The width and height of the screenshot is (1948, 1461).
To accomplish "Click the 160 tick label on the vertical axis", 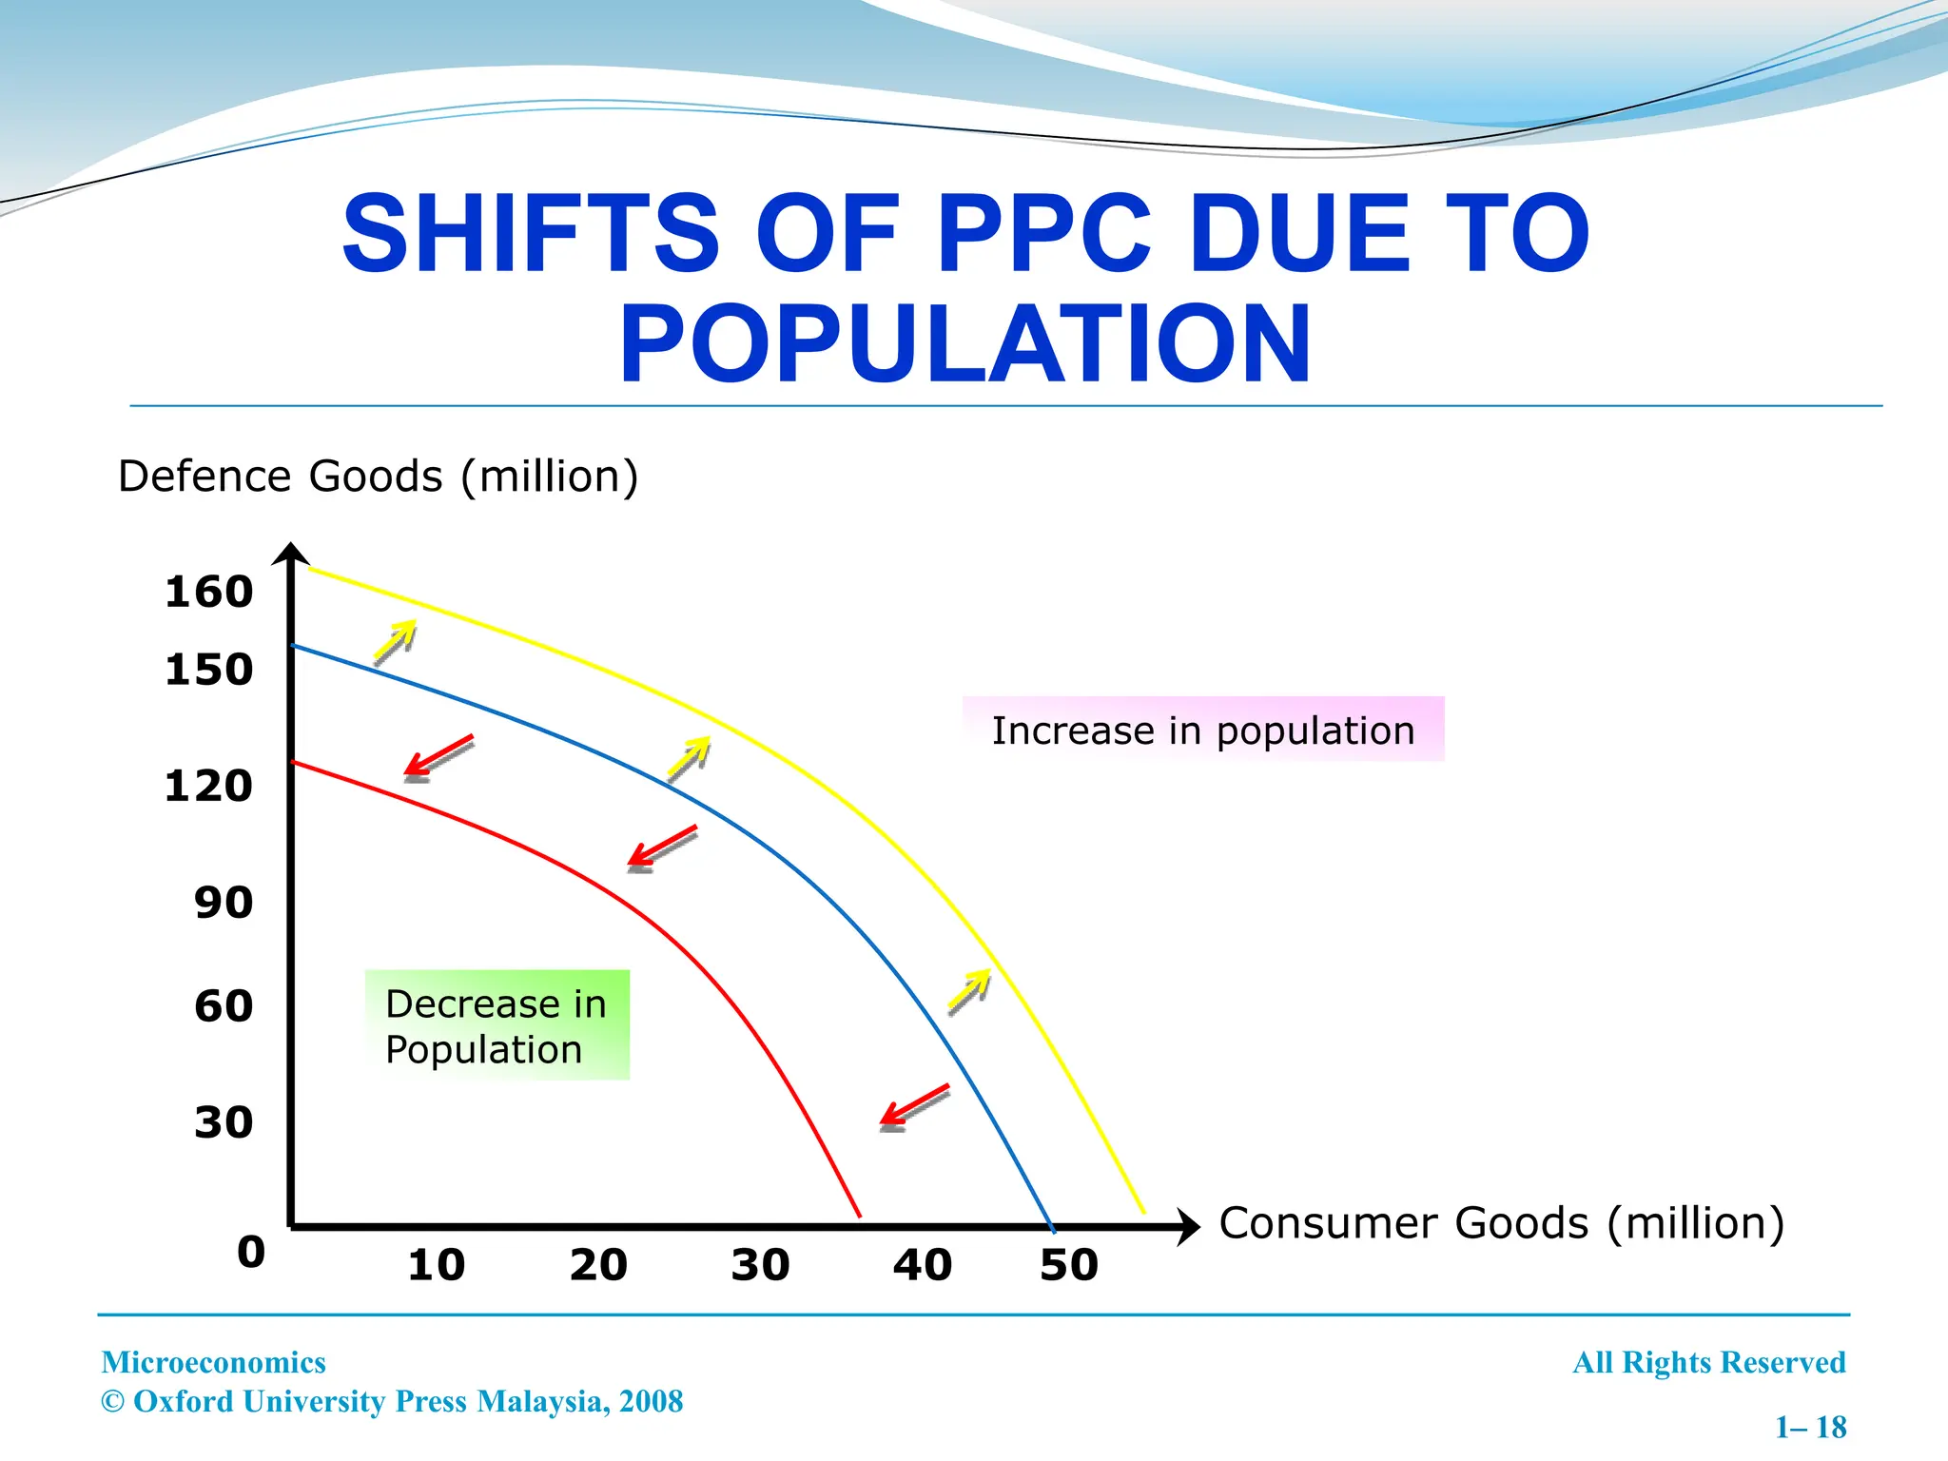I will [x=208, y=592].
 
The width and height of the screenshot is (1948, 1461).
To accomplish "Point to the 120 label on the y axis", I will [x=208, y=786].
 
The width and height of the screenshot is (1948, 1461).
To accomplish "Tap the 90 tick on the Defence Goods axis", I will [x=224, y=902].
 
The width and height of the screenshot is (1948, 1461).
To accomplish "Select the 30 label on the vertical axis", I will [x=224, y=1122].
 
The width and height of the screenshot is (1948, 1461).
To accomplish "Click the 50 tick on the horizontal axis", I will [x=1068, y=1265].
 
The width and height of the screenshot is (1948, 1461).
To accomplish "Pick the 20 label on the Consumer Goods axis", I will [x=598, y=1265].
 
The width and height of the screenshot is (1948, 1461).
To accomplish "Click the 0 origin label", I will [x=251, y=1251].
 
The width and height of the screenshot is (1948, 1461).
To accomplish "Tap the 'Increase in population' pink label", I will [x=1203, y=730].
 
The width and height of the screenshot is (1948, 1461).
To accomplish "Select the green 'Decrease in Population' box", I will [x=497, y=1025].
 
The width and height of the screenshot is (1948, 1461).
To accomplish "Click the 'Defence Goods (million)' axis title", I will [x=378, y=476].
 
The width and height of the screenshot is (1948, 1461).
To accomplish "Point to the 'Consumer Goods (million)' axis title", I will [x=1501, y=1223].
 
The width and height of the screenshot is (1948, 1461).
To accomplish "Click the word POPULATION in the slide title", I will [x=964, y=344].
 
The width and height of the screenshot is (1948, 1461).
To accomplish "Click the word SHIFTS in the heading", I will [x=530, y=233].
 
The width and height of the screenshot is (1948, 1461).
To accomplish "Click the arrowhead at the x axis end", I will [x=1189, y=1227].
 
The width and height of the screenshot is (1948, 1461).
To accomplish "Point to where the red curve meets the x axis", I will [x=859, y=1215].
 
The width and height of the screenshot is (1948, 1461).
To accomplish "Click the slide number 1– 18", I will [x=1810, y=1427].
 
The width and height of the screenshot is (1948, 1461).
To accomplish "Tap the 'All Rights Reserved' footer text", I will [x=1708, y=1362].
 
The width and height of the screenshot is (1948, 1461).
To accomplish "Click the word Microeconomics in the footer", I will [x=213, y=1362].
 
